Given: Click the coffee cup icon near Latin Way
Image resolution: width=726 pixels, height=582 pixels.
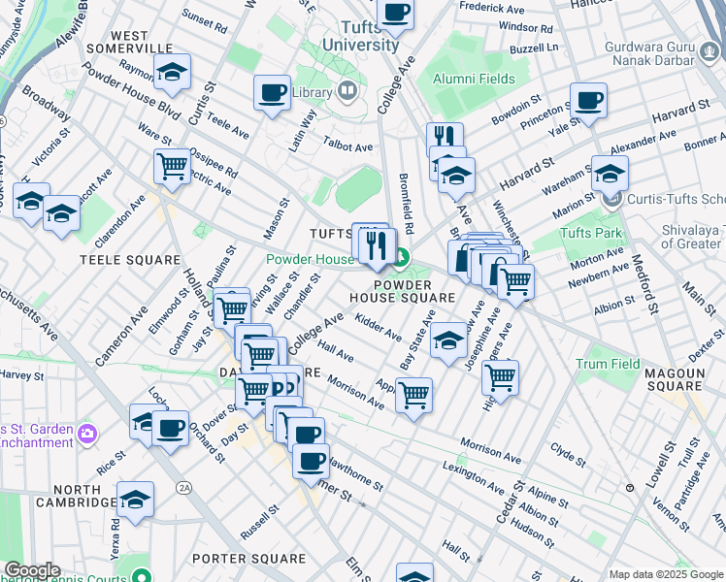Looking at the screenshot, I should pyautogui.click(x=272, y=93).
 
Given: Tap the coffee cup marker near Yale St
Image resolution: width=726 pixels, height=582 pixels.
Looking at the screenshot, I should pyautogui.click(x=588, y=99).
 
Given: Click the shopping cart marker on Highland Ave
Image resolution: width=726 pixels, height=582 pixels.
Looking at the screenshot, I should pyautogui.click(x=500, y=376).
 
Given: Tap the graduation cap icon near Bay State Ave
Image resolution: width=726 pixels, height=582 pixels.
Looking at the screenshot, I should pyautogui.click(x=448, y=339).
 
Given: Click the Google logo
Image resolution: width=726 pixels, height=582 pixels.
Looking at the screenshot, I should pyautogui.click(x=32, y=570).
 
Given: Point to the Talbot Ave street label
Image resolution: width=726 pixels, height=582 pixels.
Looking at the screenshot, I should pyautogui.click(x=347, y=147).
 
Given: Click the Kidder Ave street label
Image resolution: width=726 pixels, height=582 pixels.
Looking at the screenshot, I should pyautogui.click(x=379, y=327).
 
